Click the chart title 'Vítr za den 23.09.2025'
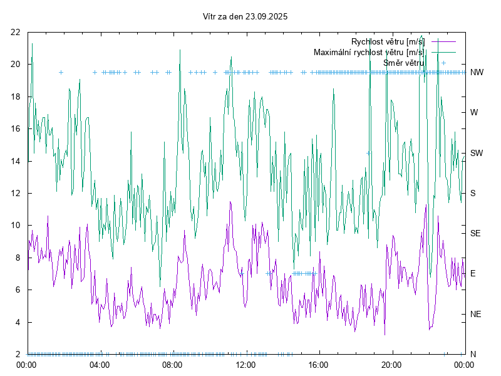click(245, 17)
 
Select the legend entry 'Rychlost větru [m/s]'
click(387, 42)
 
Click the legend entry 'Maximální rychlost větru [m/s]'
click(368, 52)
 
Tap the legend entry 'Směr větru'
click(403, 63)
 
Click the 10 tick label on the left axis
click(16, 226)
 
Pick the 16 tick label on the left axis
click(16, 128)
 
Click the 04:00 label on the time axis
click(100, 364)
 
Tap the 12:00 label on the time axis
click(245, 364)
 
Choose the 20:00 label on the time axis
click(391, 364)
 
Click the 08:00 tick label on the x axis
click(172, 364)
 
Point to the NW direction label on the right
click(477, 73)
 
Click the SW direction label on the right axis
click(477, 153)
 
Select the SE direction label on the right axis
click(475, 233)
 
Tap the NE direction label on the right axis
click(475, 314)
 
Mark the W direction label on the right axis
click(474, 113)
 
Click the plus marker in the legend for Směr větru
click(443, 63)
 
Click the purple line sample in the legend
click(443, 42)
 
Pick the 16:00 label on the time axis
click(319, 364)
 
